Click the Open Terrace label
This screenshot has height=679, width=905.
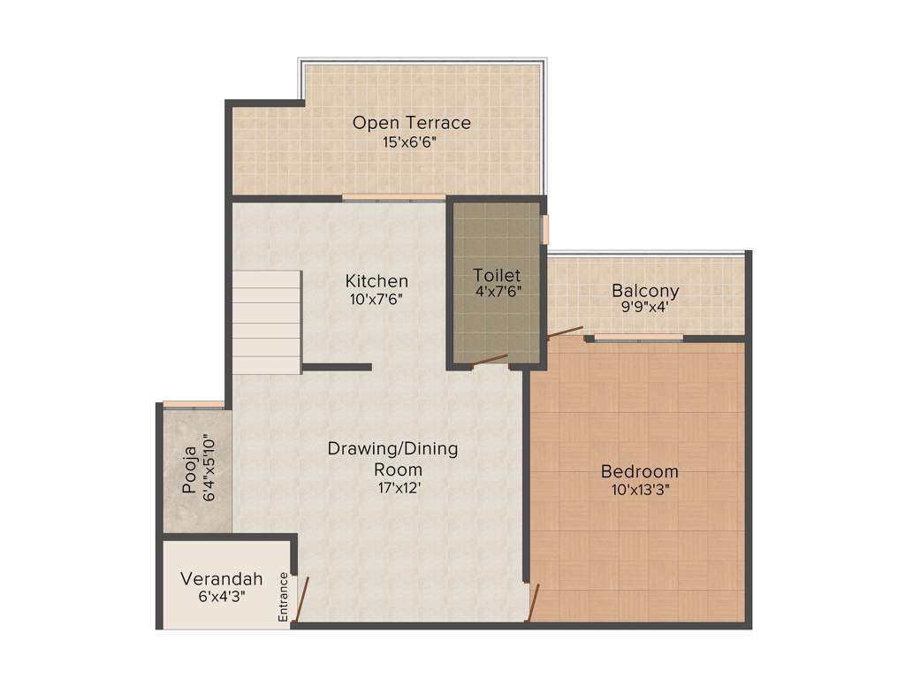point(411,122)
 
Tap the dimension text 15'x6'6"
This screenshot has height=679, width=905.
point(411,141)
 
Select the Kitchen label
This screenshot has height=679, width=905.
point(376,281)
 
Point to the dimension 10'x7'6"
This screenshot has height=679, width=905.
point(376,299)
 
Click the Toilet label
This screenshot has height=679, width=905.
point(496,274)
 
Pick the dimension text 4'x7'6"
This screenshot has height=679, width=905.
point(496,292)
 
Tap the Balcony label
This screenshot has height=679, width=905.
point(645,290)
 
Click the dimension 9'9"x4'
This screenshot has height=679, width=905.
point(645,308)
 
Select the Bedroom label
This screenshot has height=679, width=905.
point(639,471)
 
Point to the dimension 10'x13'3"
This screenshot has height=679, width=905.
point(639,490)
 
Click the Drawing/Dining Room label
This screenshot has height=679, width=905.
point(392,458)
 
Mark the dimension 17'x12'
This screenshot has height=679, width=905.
point(392,487)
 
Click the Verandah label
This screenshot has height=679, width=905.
point(222,579)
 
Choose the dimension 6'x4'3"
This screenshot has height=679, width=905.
point(222,597)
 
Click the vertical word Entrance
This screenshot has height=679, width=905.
point(284,597)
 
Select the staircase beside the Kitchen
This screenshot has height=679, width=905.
point(267,322)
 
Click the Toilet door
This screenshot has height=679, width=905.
point(490,360)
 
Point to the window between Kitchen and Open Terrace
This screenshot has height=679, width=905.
point(393,197)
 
